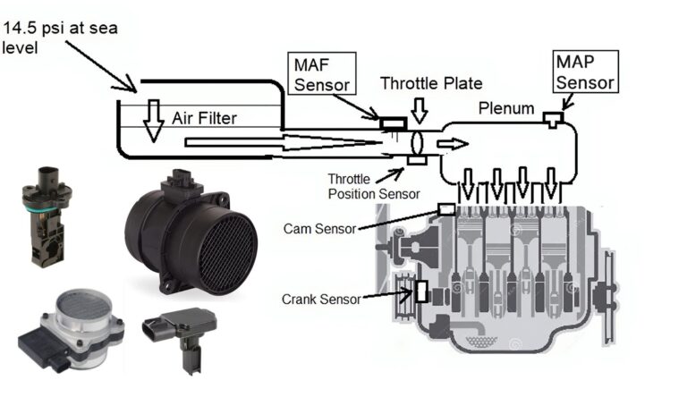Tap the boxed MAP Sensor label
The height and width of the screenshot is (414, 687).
(x=585, y=72)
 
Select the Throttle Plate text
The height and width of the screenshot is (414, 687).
(x=431, y=84)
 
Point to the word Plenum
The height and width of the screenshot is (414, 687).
(x=506, y=108)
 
